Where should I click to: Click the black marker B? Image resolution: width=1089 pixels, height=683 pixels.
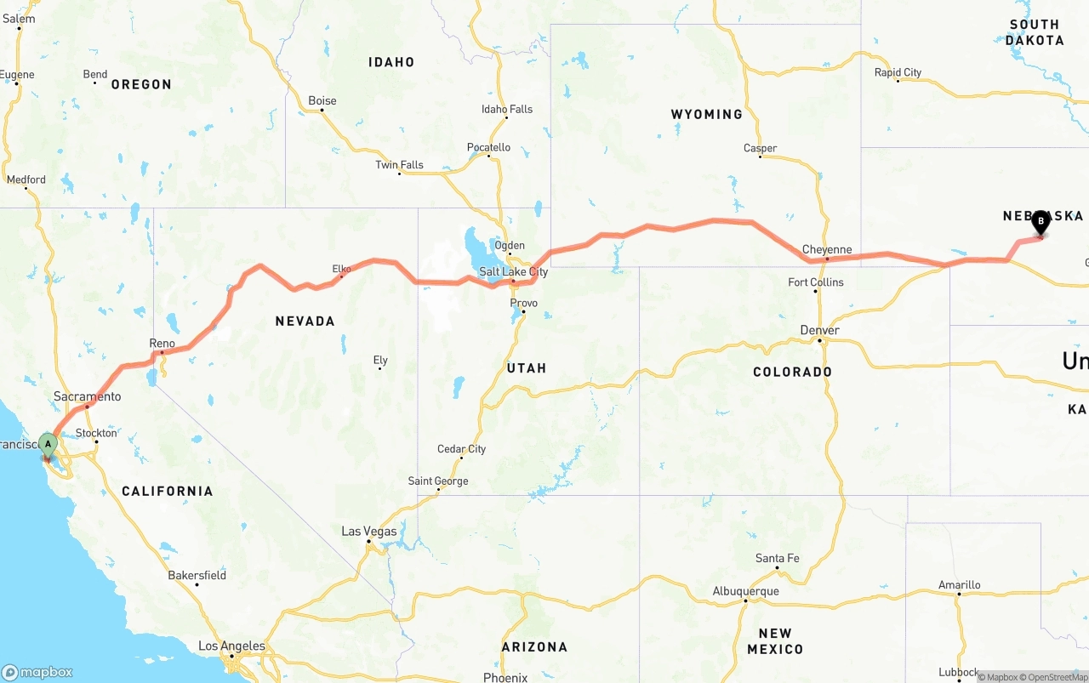coord(1040,222)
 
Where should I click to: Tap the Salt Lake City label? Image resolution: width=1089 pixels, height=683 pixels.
coord(513,272)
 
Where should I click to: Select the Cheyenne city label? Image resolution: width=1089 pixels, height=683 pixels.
coord(827,250)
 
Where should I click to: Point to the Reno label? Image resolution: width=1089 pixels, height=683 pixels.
coord(162,344)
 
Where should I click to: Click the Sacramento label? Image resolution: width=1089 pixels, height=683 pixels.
coord(87,396)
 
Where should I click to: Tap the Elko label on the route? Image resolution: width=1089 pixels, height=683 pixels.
coord(341,269)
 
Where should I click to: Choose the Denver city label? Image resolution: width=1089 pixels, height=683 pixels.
coord(819,330)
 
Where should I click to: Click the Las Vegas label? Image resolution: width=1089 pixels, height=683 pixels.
coord(369,532)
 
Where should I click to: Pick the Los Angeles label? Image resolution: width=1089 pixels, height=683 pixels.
coord(231,646)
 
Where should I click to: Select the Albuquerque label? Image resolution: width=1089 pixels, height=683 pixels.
coord(745,591)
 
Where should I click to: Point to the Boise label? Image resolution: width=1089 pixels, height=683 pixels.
coord(322,100)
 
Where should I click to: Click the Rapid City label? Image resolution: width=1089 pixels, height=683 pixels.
coord(898,72)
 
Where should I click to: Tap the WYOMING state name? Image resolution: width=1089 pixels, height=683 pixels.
coord(706,114)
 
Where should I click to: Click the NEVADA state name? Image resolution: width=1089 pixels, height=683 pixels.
coord(305,321)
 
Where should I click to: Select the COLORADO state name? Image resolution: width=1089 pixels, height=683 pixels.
coord(792,372)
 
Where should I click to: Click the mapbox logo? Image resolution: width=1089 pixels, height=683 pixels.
coord(37,672)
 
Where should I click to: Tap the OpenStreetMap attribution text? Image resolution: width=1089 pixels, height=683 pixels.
coord(1052,677)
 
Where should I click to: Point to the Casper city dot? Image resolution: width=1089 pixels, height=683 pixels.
coord(761,157)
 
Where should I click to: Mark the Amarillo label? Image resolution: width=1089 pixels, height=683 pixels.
coord(959,584)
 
